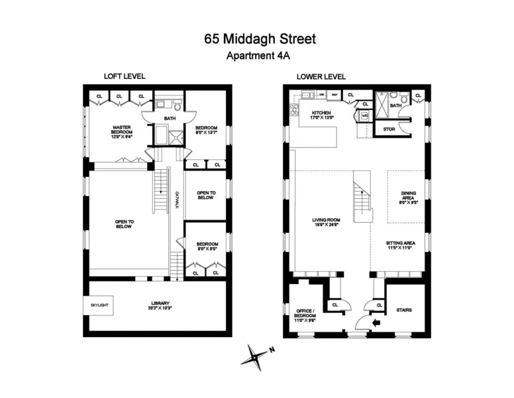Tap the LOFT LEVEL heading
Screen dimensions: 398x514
pos(125,76)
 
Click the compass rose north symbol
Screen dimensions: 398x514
pos(254,357)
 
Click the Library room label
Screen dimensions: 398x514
pos(156,306)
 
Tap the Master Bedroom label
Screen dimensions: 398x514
pos(122,132)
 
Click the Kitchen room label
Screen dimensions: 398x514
pos(322,115)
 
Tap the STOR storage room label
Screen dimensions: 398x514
pos(389,129)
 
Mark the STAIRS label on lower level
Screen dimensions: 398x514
pos(404,309)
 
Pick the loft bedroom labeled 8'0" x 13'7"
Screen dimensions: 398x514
pos(206,130)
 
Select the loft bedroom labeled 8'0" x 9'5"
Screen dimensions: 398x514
pos(207,246)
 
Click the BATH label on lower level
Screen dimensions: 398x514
pos(395,105)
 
